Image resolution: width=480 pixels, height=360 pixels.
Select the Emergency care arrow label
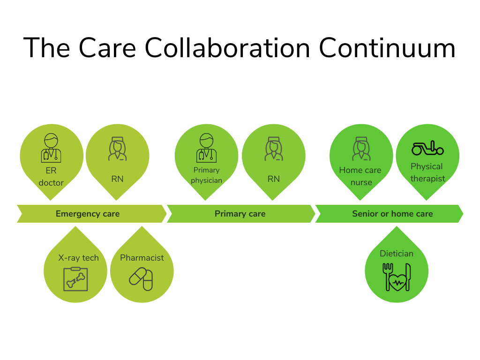coord(88,214)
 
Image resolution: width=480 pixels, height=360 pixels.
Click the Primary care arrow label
coord(240,214)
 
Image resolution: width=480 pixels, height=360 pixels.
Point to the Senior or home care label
coord(392,214)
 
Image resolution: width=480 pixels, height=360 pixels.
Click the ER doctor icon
coord(51,148)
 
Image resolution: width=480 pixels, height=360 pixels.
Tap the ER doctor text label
coord(51,177)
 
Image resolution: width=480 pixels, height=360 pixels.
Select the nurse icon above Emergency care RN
coord(117,149)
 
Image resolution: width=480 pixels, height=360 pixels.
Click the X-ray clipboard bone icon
coord(75,279)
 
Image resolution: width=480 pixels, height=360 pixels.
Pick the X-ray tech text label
coord(78,258)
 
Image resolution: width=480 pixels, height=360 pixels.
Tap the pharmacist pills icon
coord(141,279)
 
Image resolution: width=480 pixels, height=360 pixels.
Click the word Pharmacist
coord(142,258)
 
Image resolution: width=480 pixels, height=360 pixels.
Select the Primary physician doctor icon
coord(206,148)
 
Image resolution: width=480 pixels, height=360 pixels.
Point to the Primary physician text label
coord(206,175)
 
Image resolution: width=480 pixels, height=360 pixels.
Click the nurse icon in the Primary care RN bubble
coord(273,149)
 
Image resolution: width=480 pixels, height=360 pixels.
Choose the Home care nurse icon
coord(360,149)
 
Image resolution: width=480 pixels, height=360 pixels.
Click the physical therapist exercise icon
coord(427,149)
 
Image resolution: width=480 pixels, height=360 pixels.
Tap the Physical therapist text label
coord(427,172)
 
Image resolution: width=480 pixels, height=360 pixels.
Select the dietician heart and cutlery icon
coord(397,277)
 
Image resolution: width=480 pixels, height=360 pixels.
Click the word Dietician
coord(397,254)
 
